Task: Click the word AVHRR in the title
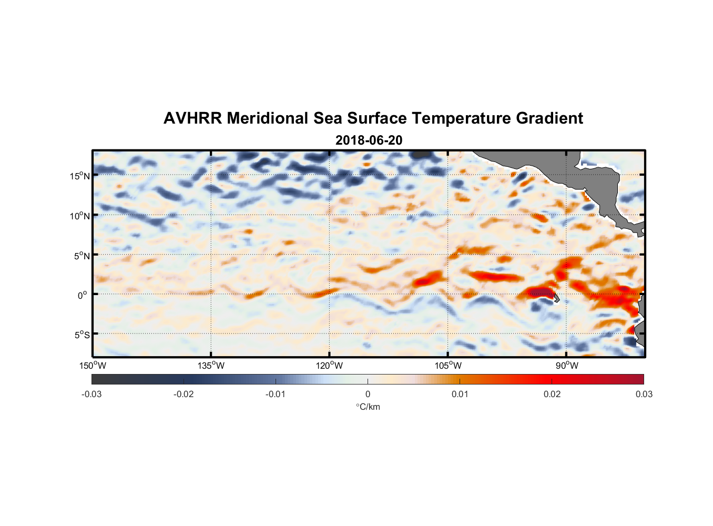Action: pos(193,118)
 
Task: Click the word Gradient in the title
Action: pos(549,118)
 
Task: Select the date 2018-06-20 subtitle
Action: pos(369,140)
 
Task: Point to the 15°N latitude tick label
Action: pos(80,176)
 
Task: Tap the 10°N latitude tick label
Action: pos(80,216)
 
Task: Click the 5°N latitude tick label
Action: pos(82,256)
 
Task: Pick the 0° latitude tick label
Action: pos(82,295)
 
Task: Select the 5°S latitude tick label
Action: pos(82,335)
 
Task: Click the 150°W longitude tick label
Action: pos(93,366)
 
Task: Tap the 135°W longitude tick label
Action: pos(211,366)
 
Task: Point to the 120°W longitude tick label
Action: pos(330,366)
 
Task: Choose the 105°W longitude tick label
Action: pos(448,366)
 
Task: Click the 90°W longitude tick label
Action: pos(567,366)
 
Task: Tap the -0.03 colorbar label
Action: pos(91,394)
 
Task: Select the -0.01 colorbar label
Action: pos(276,394)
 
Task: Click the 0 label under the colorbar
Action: pos(368,394)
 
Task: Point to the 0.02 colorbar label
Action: pos(552,394)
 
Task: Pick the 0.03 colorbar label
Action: pos(644,394)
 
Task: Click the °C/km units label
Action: pos(368,407)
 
